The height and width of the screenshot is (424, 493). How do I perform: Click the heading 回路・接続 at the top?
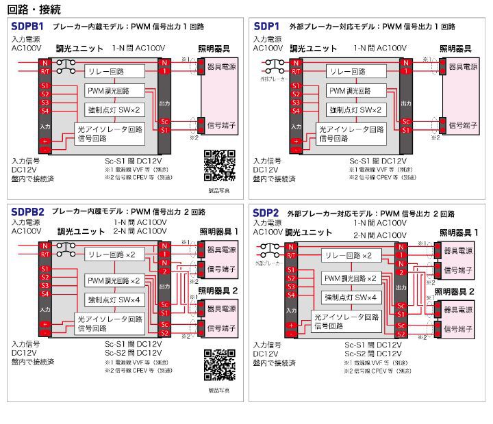click(34, 9)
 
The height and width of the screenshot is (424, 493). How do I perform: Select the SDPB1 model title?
click(27, 27)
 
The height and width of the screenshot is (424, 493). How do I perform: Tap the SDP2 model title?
click(266, 213)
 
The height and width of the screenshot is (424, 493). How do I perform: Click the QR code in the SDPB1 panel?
click(220, 164)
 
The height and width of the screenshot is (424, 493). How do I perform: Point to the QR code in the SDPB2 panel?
click(220, 365)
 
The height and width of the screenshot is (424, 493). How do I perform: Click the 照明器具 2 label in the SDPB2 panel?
click(218, 291)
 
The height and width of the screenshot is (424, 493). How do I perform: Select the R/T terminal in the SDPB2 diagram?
click(45, 254)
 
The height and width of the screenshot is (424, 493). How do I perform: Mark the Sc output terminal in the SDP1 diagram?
click(405, 121)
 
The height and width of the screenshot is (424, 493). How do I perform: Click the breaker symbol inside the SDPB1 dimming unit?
click(66, 67)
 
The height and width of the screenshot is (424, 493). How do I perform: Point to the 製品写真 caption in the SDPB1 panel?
click(219, 191)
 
